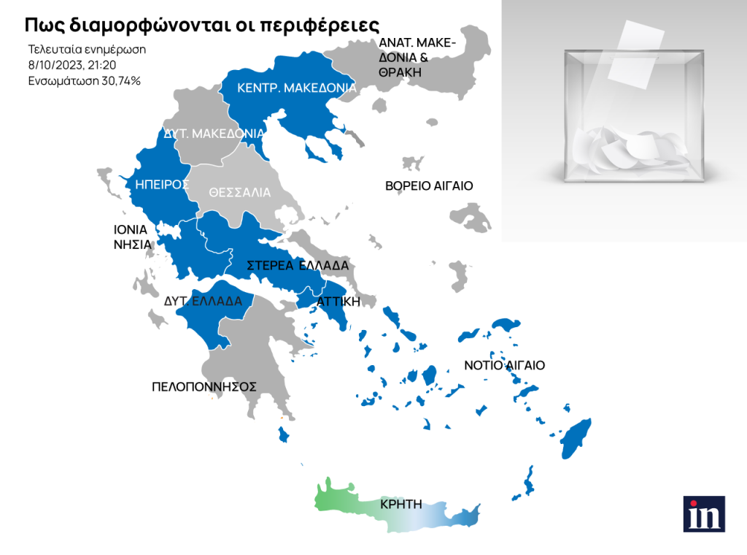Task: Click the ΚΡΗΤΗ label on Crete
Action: pos(401,504)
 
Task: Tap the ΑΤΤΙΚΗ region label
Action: pos(338,301)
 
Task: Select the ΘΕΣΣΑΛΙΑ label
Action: pos(239,194)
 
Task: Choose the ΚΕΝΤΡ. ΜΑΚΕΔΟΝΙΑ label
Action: pos(297,88)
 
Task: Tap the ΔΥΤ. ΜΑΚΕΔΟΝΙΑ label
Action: pos(213,134)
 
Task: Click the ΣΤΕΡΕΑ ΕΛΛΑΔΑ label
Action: pos(298,265)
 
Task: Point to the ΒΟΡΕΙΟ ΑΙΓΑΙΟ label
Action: pos(429,186)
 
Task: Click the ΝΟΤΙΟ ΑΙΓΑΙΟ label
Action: pos(505,365)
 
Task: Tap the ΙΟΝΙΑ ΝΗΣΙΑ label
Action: pos(131,237)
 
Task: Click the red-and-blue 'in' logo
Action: pos(704,513)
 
